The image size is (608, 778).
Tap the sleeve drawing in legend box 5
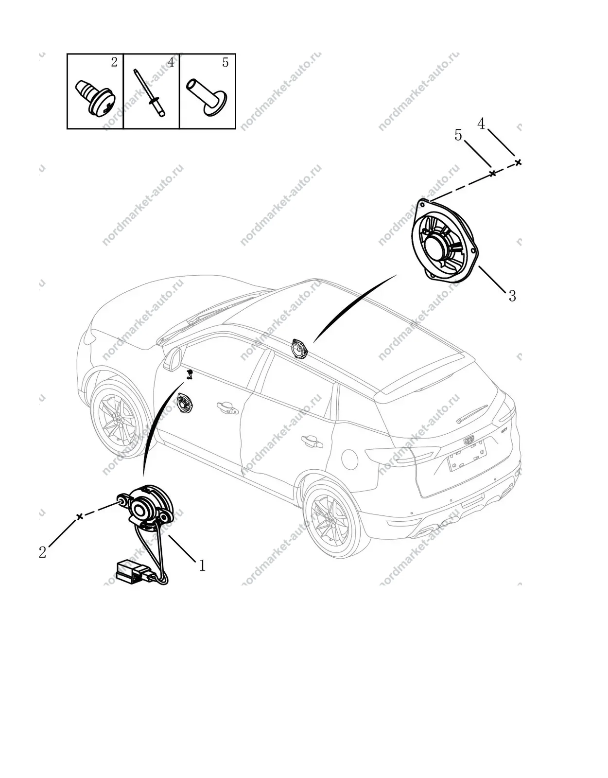(x=207, y=97)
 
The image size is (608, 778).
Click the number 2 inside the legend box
(x=114, y=62)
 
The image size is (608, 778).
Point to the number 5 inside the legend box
(x=225, y=62)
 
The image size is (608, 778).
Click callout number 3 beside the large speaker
(x=512, y=296)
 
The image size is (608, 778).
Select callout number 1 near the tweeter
(x=202, y=566)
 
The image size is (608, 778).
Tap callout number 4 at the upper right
(x=481, y=124)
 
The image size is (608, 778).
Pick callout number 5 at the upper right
(x=458, y=135)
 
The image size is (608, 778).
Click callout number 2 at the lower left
(x=43, y=552)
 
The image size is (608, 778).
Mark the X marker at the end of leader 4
(x=518, y=162)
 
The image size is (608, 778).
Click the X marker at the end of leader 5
(x=492, y=173)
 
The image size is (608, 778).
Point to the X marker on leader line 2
(x=80, y=516)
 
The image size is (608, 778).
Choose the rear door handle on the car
(x=312, y=442)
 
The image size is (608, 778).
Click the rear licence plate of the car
(x=468, y=456)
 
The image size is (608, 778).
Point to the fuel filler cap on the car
(x=349, y=459)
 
